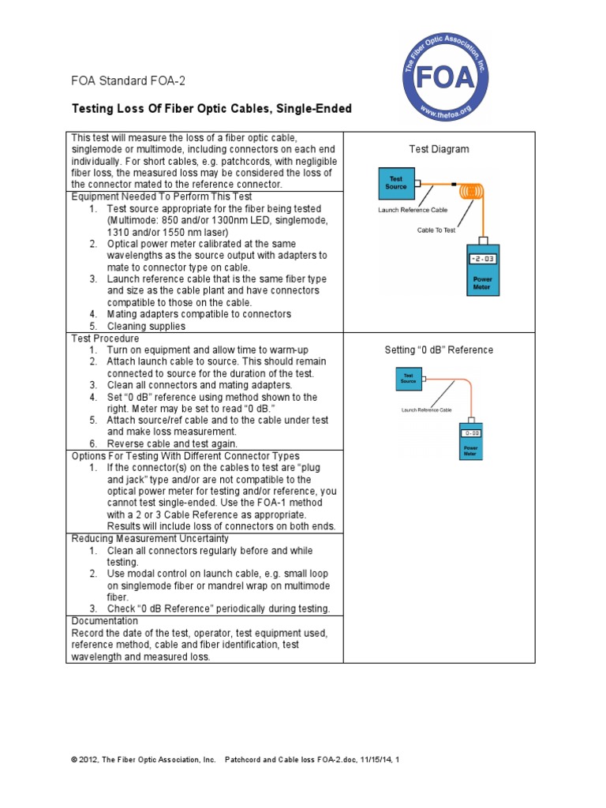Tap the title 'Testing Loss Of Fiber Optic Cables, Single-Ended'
211,109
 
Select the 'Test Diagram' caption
439,149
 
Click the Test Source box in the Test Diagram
396,183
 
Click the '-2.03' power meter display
482,259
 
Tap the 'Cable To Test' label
436,230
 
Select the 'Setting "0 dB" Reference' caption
439,350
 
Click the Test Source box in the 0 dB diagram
409,379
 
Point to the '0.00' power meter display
472,433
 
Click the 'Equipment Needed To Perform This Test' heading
162,196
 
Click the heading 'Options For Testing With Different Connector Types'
185,456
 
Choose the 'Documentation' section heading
104,621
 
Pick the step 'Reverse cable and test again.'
172,444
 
